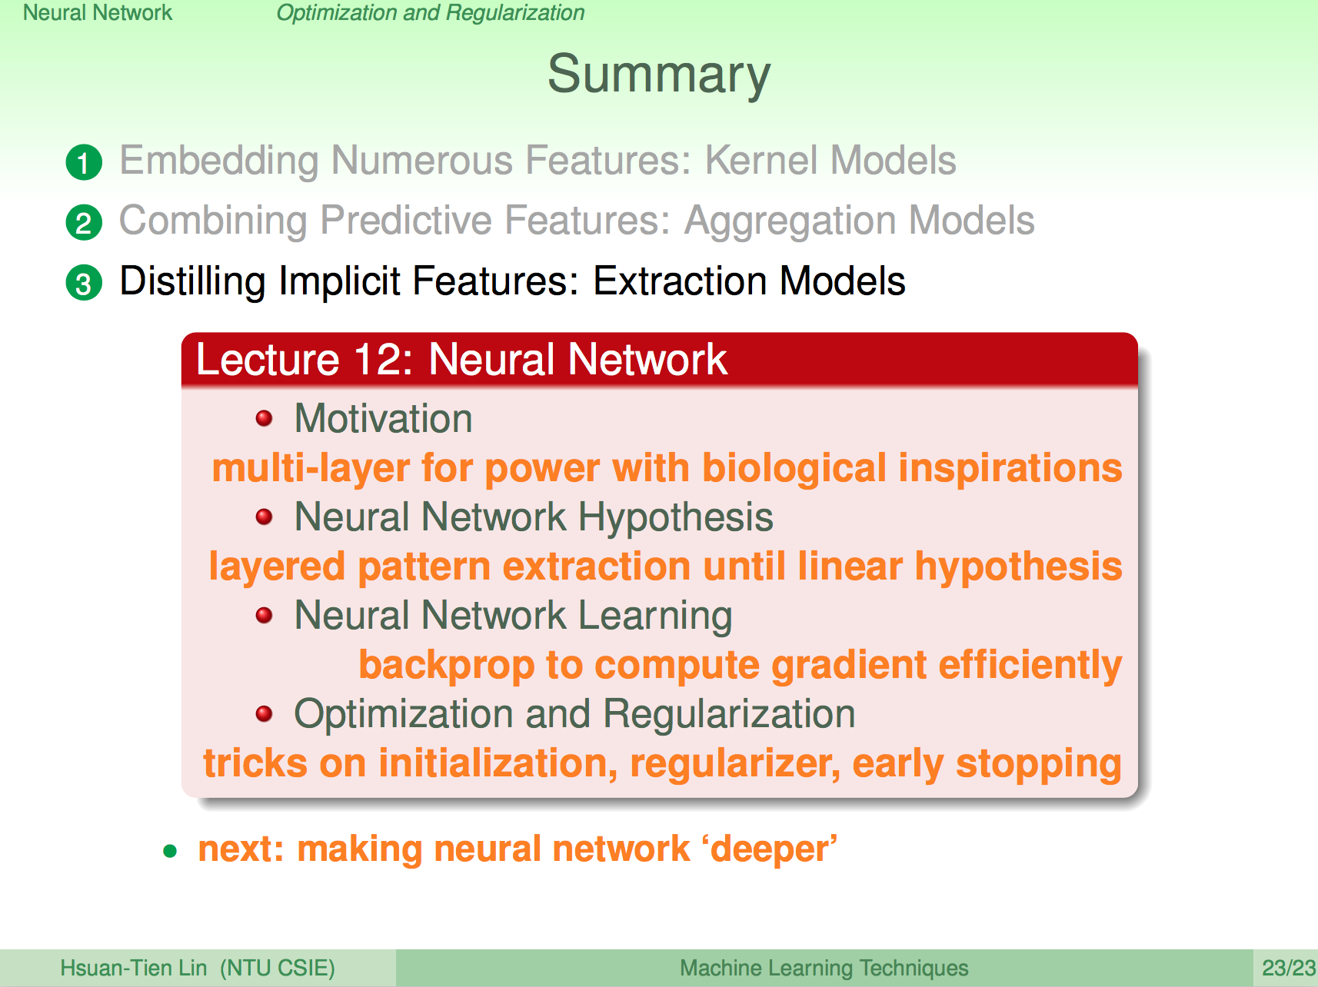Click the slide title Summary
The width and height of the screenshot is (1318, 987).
[x=659, y=75]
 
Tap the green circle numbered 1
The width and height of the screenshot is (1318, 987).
[x=84, y=162]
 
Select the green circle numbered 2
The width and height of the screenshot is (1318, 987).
[x=84, y=223]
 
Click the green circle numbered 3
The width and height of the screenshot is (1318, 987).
[x=84, y=283]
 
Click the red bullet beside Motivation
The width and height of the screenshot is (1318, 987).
[x=264, y=418]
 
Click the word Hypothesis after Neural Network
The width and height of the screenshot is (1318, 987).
[x=676, y=518]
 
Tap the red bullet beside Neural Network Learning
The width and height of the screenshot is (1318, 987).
[x=264, y=615]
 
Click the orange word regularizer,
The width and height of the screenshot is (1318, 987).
[x=735, y=764]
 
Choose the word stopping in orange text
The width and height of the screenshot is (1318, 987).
[x=1038, y=764]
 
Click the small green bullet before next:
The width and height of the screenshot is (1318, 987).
[x=170, y=850]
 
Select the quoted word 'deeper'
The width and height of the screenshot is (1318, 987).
[x=769, y=849]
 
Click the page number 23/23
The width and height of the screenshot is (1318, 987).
[x=1289, y=968]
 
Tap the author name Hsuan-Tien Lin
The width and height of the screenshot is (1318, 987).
[x=134, y=968]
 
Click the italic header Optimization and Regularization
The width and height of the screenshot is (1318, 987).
[x=431, y=13]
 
